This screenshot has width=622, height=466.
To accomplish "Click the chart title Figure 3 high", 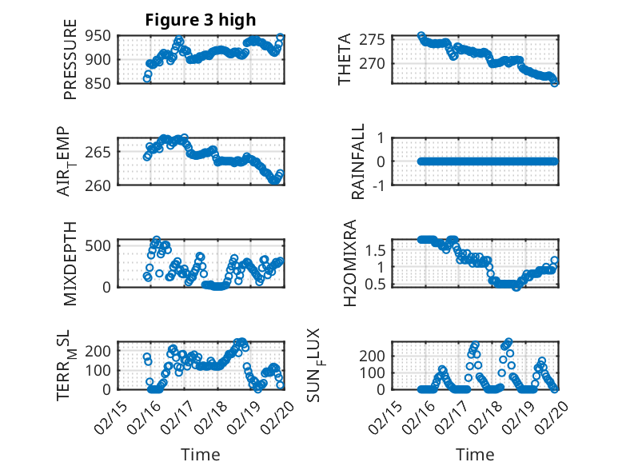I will coord(200,20).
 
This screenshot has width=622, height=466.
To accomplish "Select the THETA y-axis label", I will coord(345,58).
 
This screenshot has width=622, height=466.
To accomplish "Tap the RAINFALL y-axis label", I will coord(359,161).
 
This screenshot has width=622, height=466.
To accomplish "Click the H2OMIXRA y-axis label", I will coord(350,263).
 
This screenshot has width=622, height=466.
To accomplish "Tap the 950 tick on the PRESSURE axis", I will coord(99,35).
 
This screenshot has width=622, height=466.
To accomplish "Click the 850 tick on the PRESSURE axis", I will coord(99,82).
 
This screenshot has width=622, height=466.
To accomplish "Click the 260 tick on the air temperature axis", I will coord(99,185).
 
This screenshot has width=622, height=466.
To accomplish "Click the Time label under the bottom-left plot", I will coord(200,455).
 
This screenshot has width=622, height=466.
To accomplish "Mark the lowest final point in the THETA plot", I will coord(555,82).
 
